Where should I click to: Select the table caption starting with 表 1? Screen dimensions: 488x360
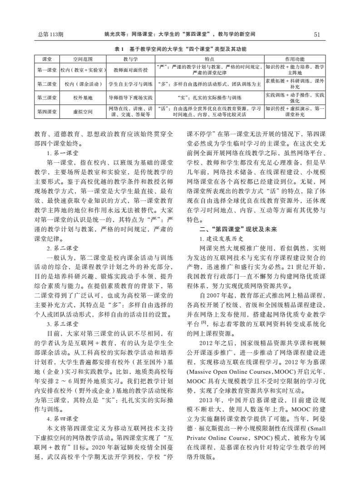tap(180, 49)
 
